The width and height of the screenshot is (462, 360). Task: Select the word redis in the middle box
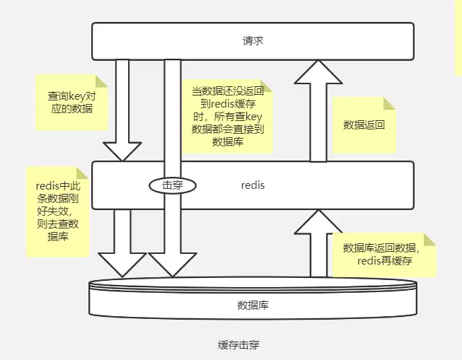tap(253, 185)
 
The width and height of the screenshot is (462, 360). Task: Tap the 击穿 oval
tap(172, 185)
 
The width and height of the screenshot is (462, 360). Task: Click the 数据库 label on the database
tap(253, 306)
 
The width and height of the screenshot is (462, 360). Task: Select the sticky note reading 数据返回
tap(364, 125)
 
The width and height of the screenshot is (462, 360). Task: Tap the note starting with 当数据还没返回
tap(228, 116)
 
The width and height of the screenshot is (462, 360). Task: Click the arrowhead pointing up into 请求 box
tap(318, 74)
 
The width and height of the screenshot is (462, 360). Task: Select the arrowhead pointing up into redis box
tap(318, 222)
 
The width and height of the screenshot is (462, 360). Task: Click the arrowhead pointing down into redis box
tap(122, 151)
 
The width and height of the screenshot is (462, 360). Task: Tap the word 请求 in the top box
tap(253, 41)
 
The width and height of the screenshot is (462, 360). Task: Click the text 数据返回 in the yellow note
tap(364, 125)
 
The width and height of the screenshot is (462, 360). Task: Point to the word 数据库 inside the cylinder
tap(253, 306)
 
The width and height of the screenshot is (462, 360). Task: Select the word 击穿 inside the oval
tap(172, 185)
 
